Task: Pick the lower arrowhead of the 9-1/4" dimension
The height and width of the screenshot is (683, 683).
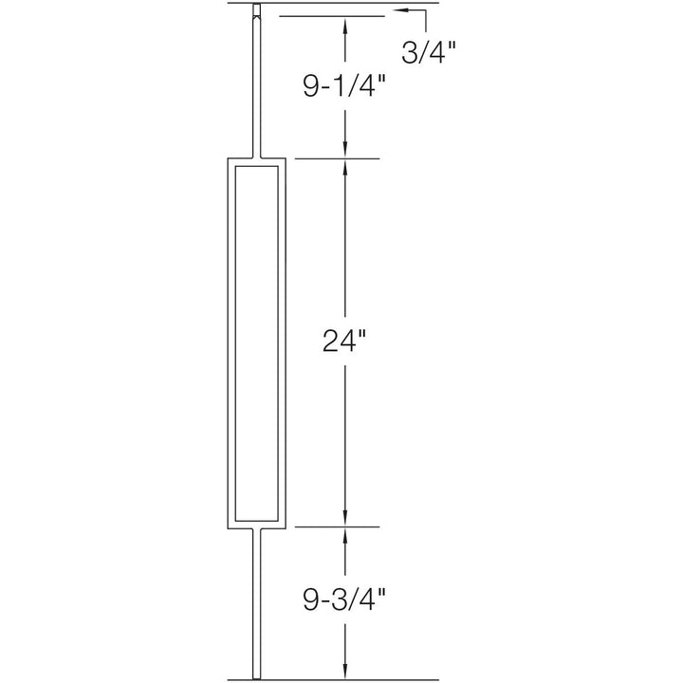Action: [345, 148]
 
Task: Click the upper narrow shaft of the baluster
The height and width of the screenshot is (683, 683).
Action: [256, 85]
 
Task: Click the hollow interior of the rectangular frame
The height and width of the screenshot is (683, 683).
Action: [256, 342]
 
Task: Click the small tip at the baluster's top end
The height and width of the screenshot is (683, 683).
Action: [256, 11]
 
